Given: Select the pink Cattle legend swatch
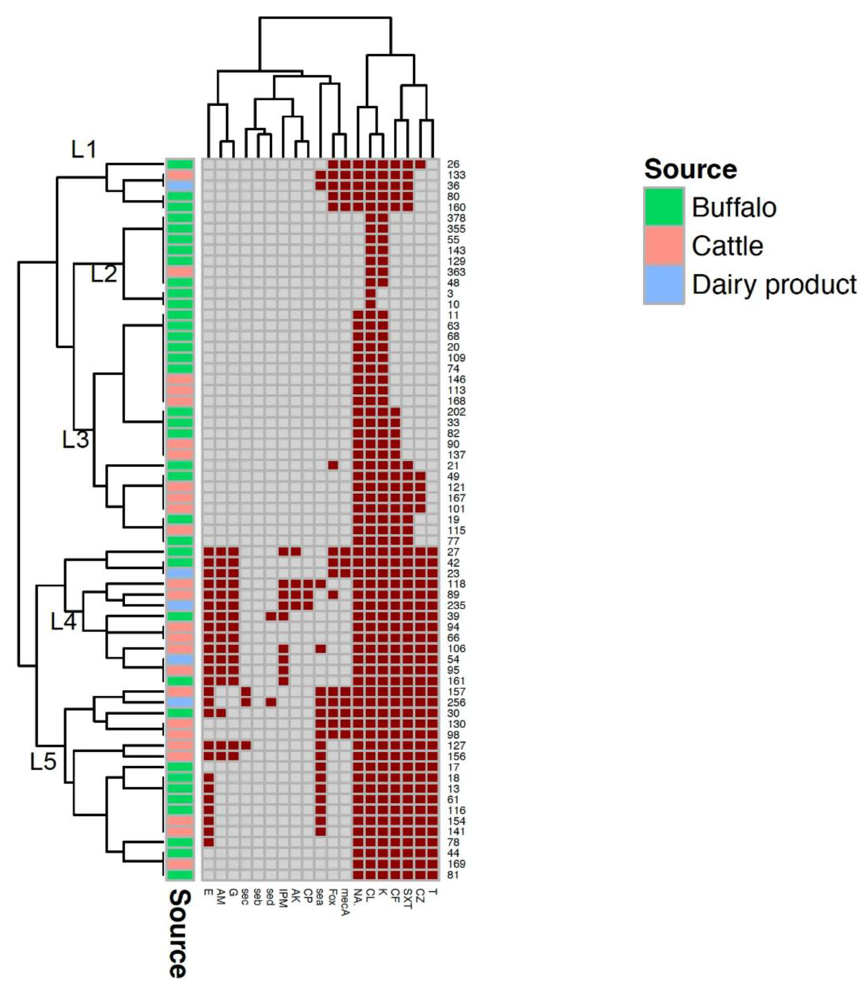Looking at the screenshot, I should [664, 245].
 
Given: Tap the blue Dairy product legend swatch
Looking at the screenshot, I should [664, 284].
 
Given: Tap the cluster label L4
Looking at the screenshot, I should [64, 622].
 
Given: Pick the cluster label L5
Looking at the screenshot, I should [43, 762].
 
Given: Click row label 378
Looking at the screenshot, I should [456, 218].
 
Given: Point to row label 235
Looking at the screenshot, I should [456, 605].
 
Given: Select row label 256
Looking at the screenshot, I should [456, 703].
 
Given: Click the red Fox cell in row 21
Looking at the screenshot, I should [333, 465].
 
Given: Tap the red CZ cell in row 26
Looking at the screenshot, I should [420, 164].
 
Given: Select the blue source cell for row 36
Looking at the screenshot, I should [180, 185].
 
